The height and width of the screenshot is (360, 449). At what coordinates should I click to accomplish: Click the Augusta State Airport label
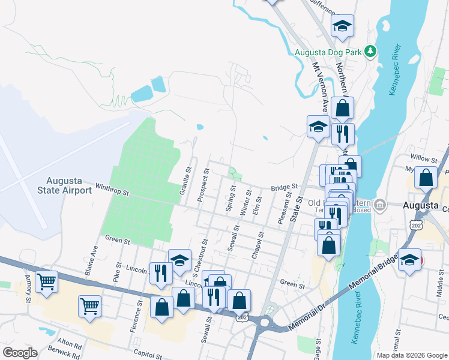coord(70,185)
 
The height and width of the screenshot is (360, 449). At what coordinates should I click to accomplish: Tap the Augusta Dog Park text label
coord(328,52)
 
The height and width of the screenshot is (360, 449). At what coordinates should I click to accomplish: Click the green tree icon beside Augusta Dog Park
coord(372,51)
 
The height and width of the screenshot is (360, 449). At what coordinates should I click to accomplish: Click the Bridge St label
coord(284,187)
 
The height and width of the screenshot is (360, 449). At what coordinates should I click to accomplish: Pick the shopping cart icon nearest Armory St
coord(46,281)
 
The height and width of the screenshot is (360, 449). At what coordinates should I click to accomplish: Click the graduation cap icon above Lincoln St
coord(179,260)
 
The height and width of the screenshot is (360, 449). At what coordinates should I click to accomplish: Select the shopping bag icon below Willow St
coord(426,178)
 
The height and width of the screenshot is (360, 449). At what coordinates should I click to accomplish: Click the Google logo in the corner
coord(20,353)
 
